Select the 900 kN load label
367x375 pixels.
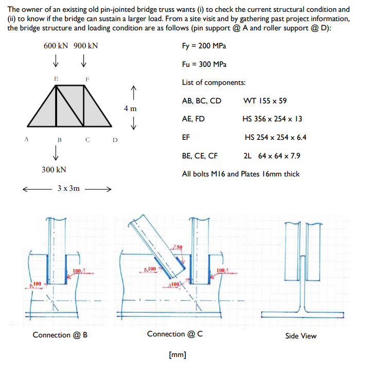coord(85,46)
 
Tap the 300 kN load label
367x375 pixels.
coord(54,169)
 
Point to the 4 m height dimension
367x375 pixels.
coord(130,109)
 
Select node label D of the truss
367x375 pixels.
coord(115,139)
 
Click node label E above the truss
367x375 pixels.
coord(56,78)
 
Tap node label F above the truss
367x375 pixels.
coord(88,78)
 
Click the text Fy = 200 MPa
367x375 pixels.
coord(204,46)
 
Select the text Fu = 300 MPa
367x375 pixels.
coord(204,64)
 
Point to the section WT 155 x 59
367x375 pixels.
coord(265,100)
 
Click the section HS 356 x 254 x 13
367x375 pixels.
coord(272,119)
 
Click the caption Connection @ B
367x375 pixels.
coord(60,335)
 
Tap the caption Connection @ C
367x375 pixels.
coord(174,334)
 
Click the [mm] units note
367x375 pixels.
coord(178,354)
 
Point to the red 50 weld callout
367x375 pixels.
coord(179,249)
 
